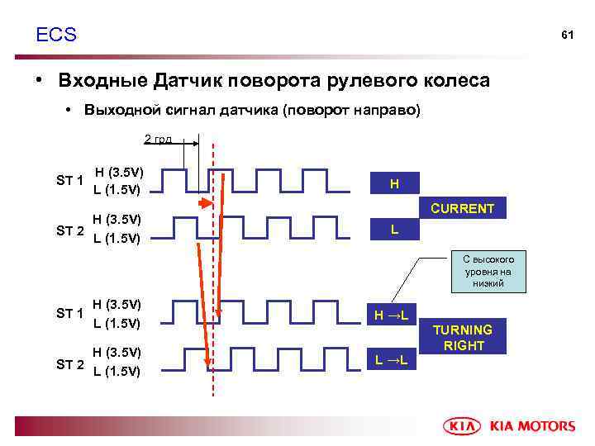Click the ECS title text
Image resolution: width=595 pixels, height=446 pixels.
tap(56, 35)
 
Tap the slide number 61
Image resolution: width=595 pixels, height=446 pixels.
tap(567, 36)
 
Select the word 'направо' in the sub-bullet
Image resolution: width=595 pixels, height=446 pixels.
tap(387, 111)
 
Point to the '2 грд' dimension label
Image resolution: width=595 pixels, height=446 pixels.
tap(158, 139)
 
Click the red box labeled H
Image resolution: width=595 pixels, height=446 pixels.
tap(394, 183)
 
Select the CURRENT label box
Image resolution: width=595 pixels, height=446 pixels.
tap(464, 209)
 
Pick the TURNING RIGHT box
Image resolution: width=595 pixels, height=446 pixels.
tap(464, 337)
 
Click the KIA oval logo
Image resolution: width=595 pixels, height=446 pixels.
tap(465, 426)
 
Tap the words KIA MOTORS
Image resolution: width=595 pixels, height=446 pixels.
tap(532, 426)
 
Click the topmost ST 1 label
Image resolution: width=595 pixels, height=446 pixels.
tap(70, 181)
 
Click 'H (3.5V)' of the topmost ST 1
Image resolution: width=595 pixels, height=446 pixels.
tap(119, 173)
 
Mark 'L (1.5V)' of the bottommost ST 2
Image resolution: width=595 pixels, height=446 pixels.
tap(117, 371)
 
